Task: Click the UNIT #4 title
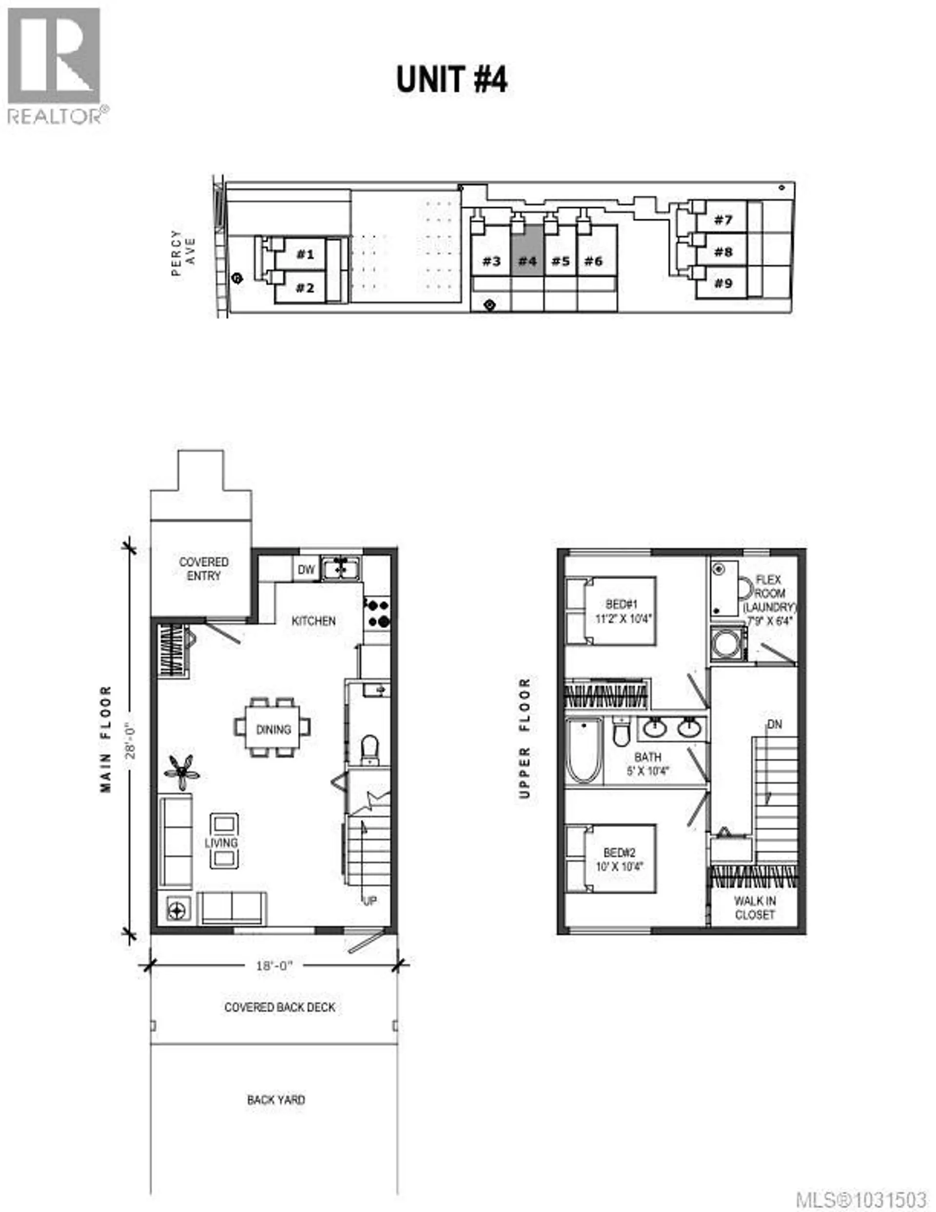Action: point(451,79)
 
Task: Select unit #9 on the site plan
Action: point(722,283)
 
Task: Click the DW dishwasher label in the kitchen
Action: point(306,569)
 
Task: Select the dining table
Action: point(273,729)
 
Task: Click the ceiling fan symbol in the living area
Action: point(182,772)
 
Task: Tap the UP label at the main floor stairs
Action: point(370,901)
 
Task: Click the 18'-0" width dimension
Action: point(274,966)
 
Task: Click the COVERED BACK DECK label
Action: point(280,1007)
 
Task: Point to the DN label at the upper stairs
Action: point(775,725)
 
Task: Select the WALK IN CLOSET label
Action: point(755,908)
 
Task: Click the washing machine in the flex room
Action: point(724,645)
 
